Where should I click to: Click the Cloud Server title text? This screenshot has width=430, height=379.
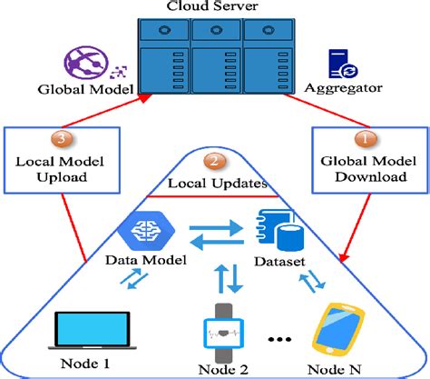[214, 6]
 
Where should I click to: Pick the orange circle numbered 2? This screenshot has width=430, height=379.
[214, 164]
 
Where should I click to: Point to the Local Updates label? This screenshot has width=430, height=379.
[214, 183]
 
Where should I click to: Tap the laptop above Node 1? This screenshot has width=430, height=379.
[92, 331]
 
